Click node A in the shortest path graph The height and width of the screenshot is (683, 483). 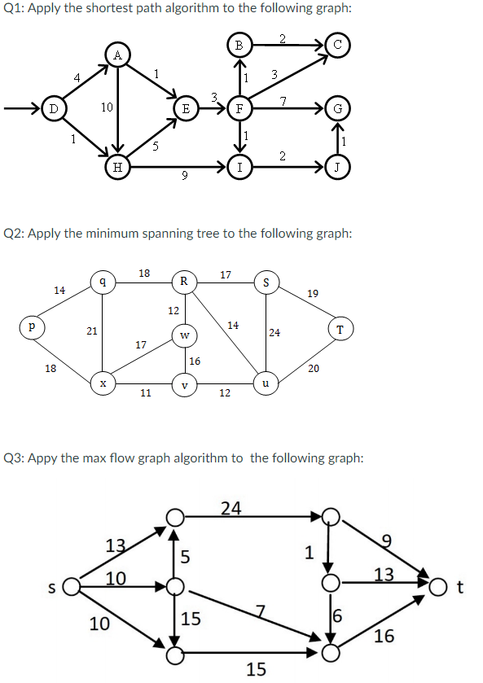117,55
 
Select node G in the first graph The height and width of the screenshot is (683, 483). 338,108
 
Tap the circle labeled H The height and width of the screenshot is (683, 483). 117,167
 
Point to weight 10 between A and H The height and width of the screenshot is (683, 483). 107,107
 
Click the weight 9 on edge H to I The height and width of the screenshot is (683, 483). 184,176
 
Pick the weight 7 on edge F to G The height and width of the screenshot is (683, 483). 283,101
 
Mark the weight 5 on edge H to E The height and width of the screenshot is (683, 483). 156,147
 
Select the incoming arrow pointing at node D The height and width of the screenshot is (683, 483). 23,108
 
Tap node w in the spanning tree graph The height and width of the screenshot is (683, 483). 185,335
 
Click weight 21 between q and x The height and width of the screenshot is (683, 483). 91,331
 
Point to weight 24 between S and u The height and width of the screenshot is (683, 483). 274,333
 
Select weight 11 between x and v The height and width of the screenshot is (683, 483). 146,393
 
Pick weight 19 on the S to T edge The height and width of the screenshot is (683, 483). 313,294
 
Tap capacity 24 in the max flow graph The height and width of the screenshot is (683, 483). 231,508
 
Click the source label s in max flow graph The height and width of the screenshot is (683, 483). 52,588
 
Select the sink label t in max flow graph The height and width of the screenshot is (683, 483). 459,588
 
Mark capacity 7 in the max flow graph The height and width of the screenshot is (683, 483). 261,611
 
